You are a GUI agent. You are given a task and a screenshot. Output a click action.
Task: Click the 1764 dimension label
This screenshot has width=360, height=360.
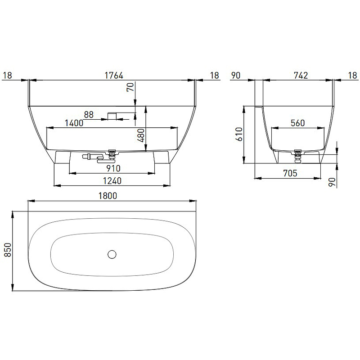point(114,75)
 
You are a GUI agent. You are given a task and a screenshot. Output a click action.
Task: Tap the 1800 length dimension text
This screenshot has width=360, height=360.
point(108,196)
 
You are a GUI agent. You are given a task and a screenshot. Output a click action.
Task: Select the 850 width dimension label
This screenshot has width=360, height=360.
point(8,250)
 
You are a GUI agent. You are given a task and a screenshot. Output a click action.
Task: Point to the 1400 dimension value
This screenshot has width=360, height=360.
point(74,123)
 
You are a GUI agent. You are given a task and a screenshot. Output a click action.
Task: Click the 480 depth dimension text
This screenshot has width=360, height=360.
point(142,135)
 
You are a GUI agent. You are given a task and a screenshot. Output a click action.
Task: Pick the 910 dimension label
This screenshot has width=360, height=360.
point(113,168)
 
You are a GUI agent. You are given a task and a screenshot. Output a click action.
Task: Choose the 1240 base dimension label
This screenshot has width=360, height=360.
point(112,181)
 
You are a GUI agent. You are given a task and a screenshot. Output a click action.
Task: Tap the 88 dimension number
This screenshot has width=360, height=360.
point(89,114)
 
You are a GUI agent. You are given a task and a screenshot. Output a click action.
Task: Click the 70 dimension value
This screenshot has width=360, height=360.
point(130,87)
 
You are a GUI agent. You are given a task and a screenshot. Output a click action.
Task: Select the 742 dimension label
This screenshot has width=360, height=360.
point(301,75)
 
